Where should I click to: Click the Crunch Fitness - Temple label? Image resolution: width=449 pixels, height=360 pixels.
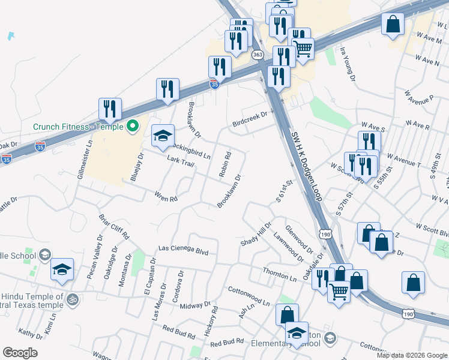coord(78,127)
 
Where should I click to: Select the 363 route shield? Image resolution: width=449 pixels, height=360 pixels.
coord(258,55)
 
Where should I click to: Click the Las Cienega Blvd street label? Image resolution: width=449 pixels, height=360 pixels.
coord(183,250)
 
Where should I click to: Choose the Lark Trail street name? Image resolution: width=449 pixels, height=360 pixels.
coord(181,161)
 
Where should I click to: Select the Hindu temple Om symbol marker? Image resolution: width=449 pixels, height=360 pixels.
coord(73,298)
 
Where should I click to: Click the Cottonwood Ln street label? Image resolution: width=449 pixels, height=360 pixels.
coord(249,297)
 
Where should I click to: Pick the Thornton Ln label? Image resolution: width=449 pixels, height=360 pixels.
coord(280,275)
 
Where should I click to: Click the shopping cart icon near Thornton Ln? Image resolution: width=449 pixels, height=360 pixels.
coord(339,292)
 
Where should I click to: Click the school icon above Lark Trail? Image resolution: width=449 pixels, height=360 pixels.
coord(162,136)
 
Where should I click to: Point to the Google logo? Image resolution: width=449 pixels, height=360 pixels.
coord(20,353)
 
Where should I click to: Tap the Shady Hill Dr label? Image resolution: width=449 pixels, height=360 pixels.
coord(257,233)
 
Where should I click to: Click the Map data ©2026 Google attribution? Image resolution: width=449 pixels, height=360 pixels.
coord(411,355)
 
